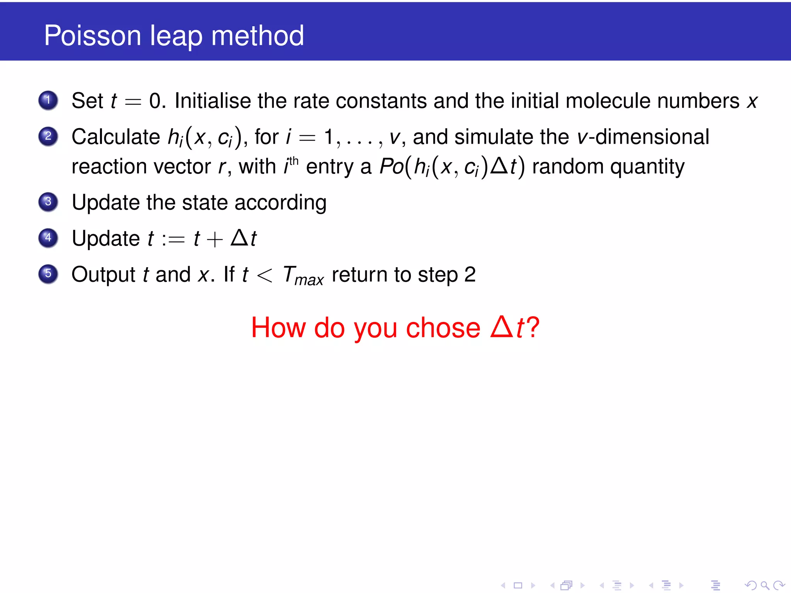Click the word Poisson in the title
[x=93, y=36]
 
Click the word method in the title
[x=258, y=36]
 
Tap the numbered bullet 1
[x=48, y=100]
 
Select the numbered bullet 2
[x=48, y=136]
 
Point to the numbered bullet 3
[x=48, y=202]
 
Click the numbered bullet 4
[x=48, y=238]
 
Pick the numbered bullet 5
[x=48, y=274]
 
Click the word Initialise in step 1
[x=212, y=101]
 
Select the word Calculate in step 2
[x=115, y=137]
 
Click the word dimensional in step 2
[x=652, y=137]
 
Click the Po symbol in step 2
[x=391, y=167]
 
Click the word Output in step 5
[x=103, y=274]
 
